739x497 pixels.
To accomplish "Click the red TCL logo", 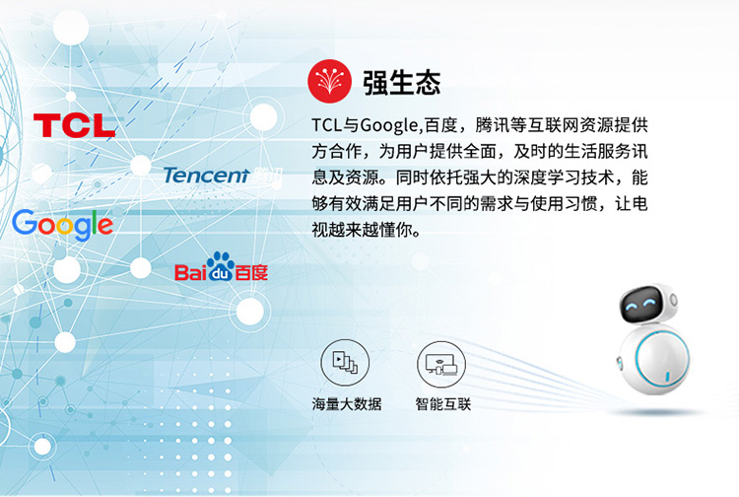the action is [x=75, y=125].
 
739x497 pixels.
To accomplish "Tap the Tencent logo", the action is [x=223, y=175].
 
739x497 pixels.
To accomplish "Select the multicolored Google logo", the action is [x=62, y=225].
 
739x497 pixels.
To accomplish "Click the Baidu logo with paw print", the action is [x=221, y=267].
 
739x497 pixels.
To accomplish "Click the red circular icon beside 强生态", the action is [x=329, y=81].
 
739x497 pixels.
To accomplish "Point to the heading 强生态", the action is [x=402, y=83].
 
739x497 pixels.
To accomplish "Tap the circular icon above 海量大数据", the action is [x=345, y=363].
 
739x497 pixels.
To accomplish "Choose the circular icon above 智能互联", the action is [x=441, y=365].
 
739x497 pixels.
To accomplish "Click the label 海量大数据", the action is [x=347, y=404].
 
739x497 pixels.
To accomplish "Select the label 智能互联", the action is [x=443, y=404].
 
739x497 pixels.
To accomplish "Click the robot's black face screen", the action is [x=641, y=305].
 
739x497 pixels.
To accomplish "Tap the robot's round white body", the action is [x=654, y=361].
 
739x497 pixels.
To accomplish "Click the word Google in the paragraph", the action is [x=389, y=126].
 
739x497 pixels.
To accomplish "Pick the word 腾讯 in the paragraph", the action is [x=492, y=125].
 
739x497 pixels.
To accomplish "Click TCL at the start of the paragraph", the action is [x=326, y=125].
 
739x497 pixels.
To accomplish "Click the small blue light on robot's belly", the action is [x=667, y=377].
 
